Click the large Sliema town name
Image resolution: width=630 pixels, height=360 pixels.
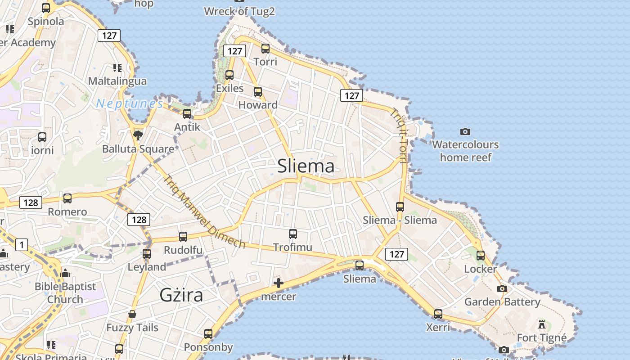(306, 166)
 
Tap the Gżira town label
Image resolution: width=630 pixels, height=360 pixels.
(181, 295)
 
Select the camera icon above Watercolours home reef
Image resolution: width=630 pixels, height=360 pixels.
(465, 131)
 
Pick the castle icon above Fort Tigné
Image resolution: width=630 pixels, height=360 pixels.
(542, 324)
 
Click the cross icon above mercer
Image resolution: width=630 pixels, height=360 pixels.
(279, 283)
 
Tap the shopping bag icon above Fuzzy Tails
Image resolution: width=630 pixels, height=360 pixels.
(132, 314)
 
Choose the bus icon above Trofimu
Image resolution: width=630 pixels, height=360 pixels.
(293, 234)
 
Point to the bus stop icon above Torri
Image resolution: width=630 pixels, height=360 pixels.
(265, 48)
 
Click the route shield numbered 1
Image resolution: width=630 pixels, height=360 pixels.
(21, 245)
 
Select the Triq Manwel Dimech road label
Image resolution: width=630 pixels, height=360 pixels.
(205, 211)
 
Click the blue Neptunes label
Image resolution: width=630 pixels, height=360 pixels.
(130, 104)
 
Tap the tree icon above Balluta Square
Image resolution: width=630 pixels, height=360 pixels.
(138, 135)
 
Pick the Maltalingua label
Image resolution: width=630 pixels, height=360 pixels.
(117, 81)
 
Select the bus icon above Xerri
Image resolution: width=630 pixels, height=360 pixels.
(438, 314)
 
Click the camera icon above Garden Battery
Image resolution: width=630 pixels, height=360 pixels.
(502, 288)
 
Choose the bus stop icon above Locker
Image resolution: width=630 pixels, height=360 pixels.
(481, 256)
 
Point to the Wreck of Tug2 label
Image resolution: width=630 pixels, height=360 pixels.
(239, 11)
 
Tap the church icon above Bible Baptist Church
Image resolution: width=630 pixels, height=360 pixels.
(65, 273)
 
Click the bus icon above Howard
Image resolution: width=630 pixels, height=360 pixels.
(258, 92)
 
